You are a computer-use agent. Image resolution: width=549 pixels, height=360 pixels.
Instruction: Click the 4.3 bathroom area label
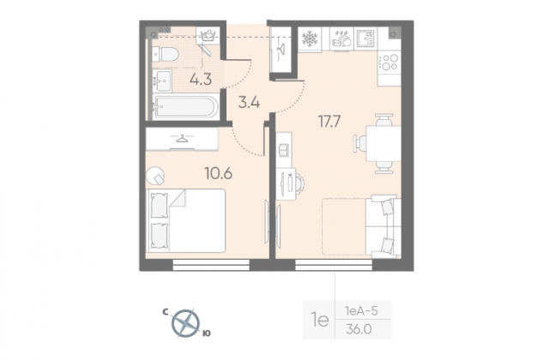coord(201,80)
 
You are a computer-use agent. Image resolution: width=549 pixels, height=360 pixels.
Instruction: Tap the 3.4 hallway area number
coord(249,103)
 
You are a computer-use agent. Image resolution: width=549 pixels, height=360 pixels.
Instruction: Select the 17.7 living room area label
coord(329,122)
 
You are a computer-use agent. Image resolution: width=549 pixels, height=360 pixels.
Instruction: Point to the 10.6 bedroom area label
coord(219,173)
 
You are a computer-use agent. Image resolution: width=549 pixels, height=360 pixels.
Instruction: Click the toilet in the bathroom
coord(166,54)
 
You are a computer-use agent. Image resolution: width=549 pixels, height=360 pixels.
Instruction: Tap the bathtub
coord(185,106)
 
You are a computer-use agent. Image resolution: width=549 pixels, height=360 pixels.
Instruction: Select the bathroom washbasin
coord(162,81)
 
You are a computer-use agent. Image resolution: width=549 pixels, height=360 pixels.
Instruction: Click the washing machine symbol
coord(208,35)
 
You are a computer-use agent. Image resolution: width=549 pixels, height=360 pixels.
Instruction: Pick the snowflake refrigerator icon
coord(310,39)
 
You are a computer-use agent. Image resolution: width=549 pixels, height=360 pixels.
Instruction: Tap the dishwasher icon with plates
coord(341,39)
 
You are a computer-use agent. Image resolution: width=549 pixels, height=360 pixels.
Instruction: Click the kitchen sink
coord(366,39)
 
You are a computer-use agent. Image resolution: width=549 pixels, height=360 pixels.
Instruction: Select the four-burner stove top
coord(389,63)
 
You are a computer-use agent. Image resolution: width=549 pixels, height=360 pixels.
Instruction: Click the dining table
coord(383,143)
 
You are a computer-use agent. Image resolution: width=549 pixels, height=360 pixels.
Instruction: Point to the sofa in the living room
coord(383,226)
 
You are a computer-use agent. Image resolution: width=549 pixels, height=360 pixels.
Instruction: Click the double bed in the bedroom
coord(185,221)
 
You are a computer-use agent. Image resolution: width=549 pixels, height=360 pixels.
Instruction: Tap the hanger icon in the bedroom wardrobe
coord(181,139)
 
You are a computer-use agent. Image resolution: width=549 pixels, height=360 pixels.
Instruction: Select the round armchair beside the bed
coord(155,176)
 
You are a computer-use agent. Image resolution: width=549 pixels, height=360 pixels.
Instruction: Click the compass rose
coord(185,323)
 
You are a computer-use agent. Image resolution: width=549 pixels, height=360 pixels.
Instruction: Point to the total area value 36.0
coord(359,329)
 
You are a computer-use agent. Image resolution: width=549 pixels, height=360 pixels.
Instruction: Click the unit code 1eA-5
coord(361,310)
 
